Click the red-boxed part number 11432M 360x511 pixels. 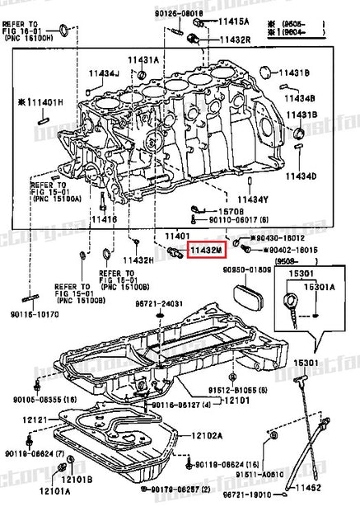(203, 248)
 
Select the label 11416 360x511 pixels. (104, 220)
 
